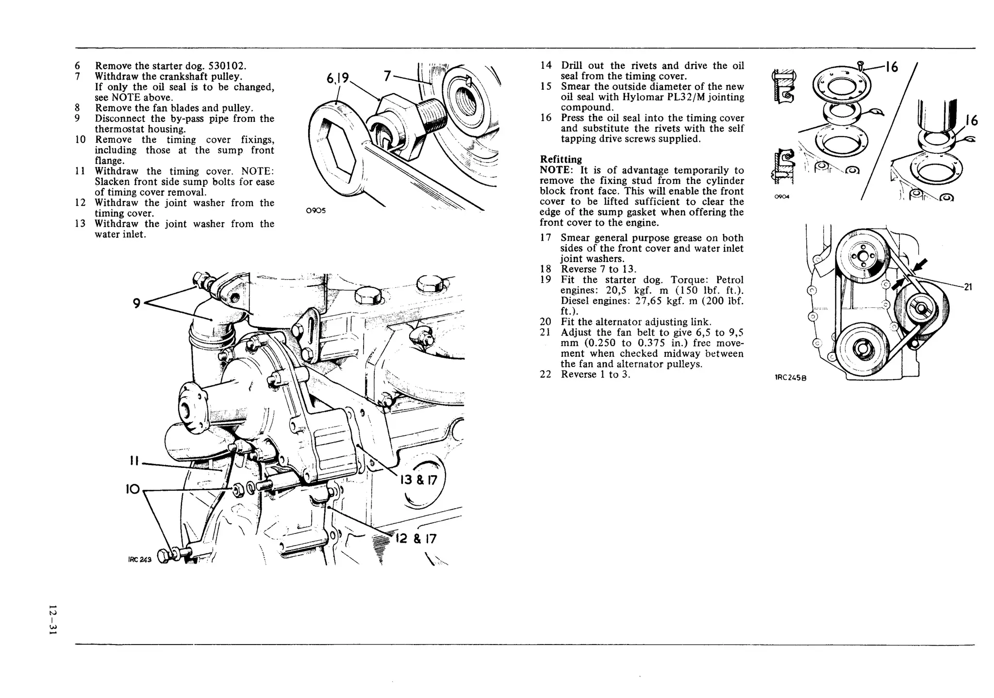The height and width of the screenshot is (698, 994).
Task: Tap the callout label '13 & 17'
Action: click(x=418, y=480)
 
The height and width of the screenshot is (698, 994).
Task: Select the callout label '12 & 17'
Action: click(x=416, y=539)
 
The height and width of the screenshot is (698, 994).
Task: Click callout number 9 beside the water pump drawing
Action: click(x=137, y=303)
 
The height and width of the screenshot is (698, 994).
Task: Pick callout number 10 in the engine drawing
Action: click(x=133, y=489)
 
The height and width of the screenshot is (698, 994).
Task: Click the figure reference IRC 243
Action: click(x=140, y=559)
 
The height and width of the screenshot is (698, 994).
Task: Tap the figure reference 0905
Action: click(x=316, y=211)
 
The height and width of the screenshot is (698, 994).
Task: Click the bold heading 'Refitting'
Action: click(x=561, y=159)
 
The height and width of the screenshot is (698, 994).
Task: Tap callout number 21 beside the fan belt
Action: click(x=968, y=287)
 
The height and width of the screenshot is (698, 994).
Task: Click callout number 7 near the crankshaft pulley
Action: click(x=387, y=76)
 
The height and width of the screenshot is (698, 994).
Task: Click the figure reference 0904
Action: click(x=781, y=197)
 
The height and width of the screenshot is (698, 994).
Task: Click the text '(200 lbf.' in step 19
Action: click(x=723, y=301)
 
